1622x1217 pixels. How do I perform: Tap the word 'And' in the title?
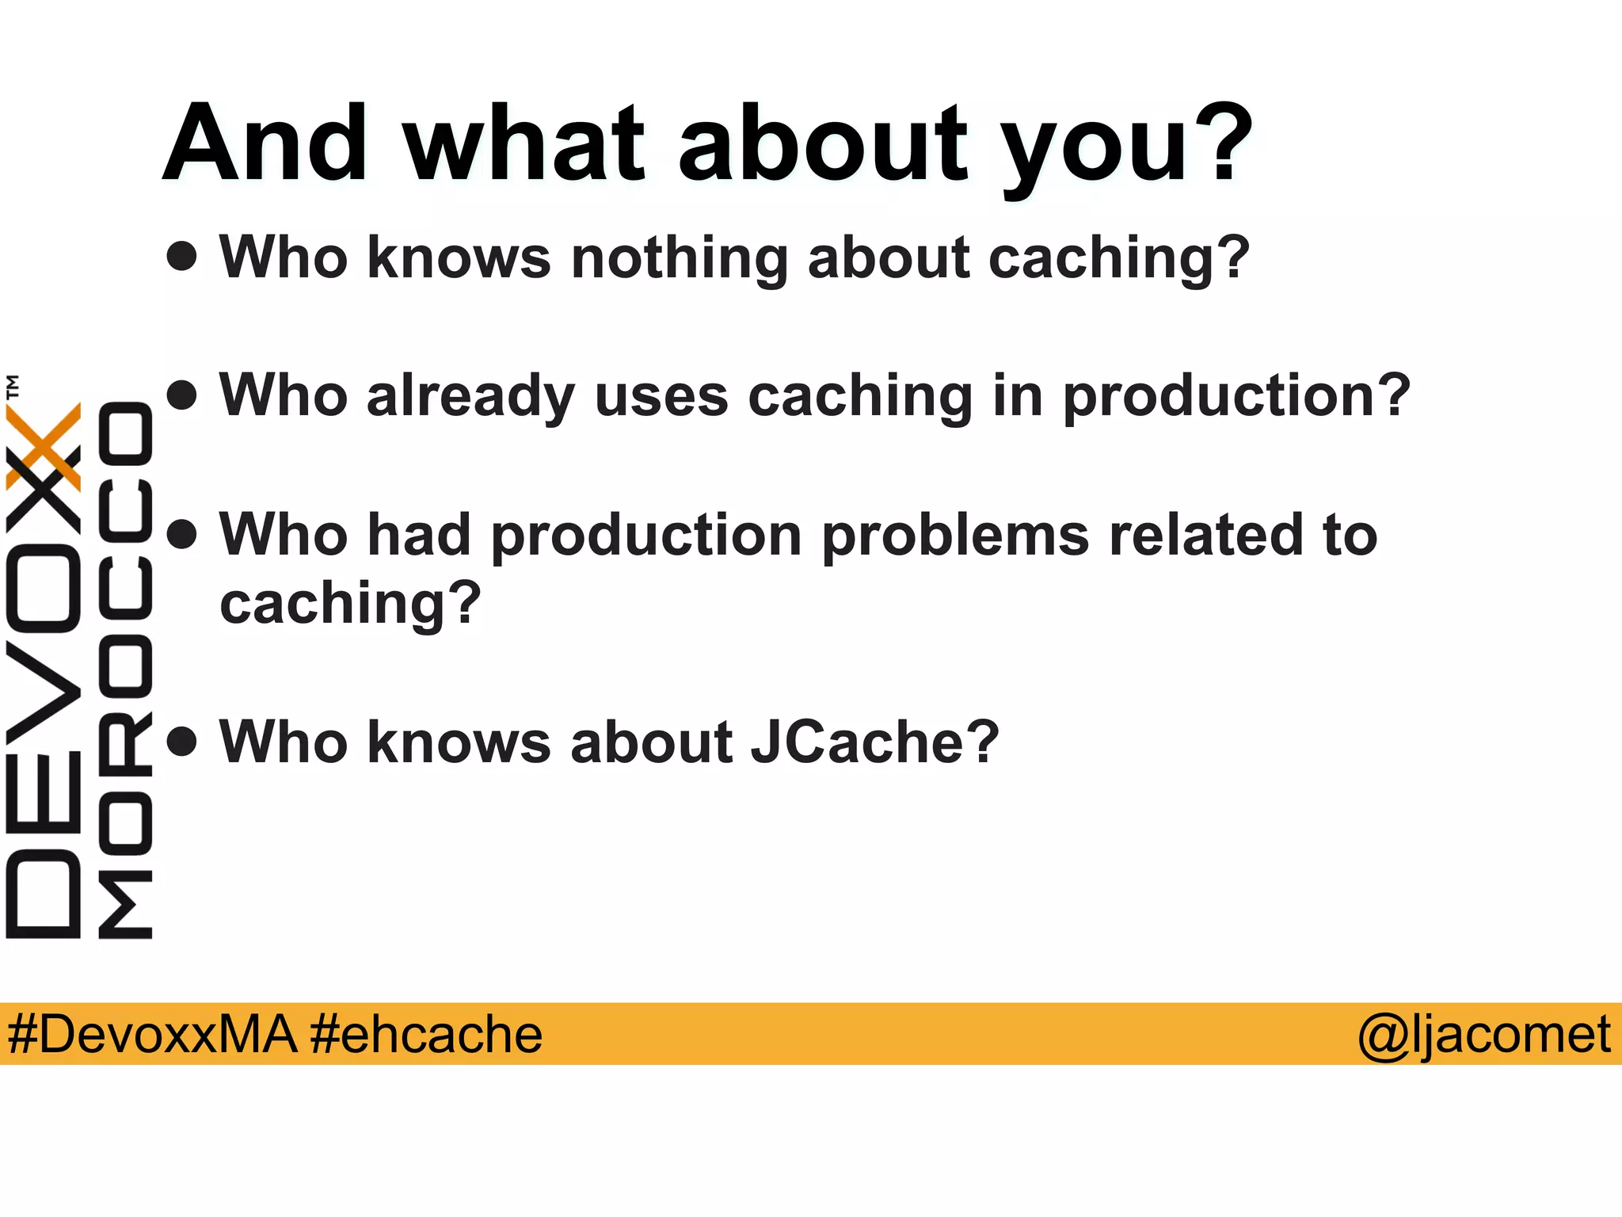tap(266, 143)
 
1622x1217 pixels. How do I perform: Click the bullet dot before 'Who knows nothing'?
tap(182, 256)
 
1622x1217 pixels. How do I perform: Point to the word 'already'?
tap(470, 396)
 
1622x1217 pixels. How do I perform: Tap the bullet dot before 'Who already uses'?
tap(182, 395)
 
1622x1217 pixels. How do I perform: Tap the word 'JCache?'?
tap(874, 742)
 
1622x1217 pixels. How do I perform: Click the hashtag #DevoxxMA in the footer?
tap(152, 1034)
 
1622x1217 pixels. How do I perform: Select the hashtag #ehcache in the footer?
tap(426, 1034)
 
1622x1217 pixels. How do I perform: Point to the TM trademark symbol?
tap(13, 387)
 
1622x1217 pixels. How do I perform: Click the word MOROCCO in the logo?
tap(125, 670)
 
